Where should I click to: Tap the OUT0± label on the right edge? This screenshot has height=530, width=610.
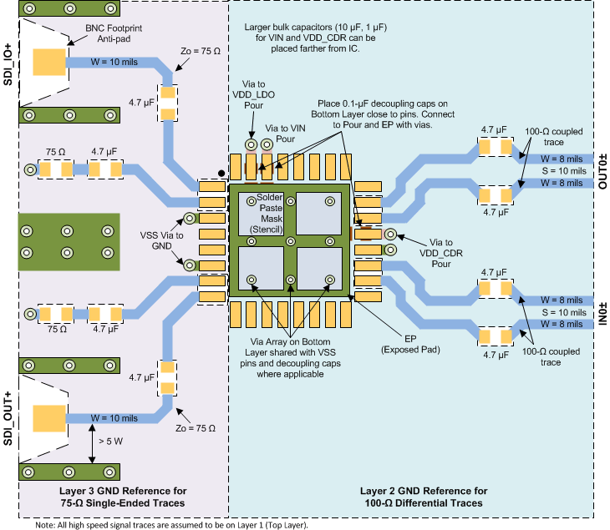[601, 173]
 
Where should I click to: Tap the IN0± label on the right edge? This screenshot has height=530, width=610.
[601, 307]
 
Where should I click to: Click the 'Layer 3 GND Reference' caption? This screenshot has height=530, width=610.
[123, 497]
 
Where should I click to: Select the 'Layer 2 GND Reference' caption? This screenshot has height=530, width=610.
[423, 497]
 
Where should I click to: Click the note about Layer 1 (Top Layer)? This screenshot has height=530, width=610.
[172, 525]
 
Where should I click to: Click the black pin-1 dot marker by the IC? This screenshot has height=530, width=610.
[221, 174]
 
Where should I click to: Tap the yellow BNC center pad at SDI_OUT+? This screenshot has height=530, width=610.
[49, 418]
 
